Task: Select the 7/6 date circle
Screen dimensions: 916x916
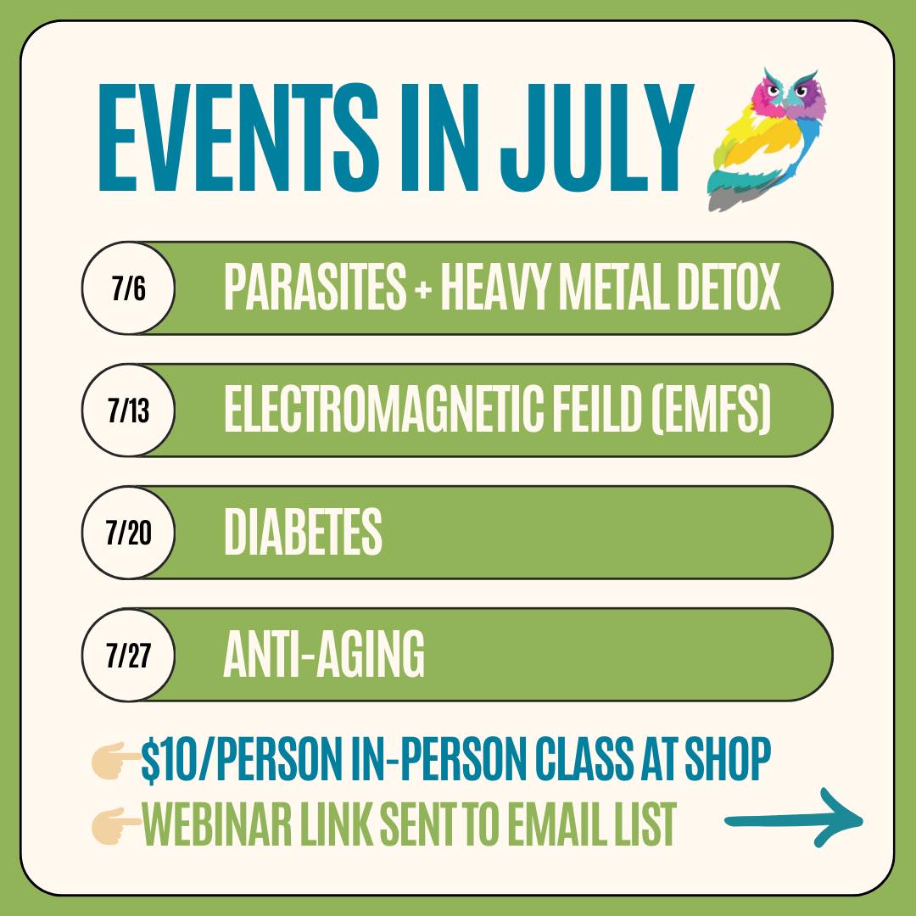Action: coord(128,288)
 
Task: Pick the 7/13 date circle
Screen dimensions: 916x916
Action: coord(128,411)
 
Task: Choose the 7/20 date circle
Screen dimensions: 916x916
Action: coord(128,533)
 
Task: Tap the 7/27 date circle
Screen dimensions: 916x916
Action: coord(128,655)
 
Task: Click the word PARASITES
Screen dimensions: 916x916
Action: coord(315,288)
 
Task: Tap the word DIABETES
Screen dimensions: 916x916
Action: coord(303,533)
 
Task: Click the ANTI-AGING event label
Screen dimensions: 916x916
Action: coord(323,655)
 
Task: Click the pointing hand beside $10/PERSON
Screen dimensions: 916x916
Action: coord(115,761)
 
